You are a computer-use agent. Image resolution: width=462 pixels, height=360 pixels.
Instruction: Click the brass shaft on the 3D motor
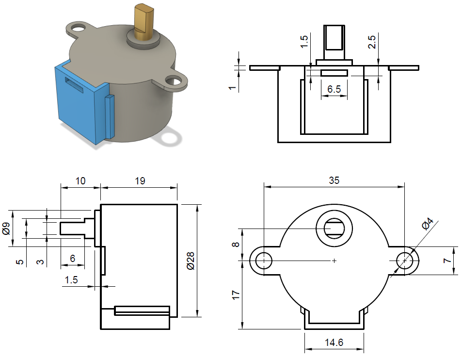click(142, 22)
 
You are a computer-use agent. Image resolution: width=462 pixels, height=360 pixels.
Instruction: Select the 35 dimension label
click(334, 180)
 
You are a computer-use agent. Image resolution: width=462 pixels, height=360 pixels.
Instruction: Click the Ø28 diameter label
click(190, 261)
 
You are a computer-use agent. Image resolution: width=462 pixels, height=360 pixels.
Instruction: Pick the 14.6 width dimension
click(334, 343)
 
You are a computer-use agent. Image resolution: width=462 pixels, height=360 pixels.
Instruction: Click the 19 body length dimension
click(140, 181)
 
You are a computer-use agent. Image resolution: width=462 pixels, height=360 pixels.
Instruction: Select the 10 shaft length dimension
click(80, 181)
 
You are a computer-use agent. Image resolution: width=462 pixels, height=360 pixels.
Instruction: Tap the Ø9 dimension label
click(6, 228)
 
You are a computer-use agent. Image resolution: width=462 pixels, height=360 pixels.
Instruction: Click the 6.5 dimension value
click(334, 89)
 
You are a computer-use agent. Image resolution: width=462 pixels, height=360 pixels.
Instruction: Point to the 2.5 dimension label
click(372, 42)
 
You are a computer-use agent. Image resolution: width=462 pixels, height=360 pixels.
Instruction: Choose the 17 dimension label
click(235, 295)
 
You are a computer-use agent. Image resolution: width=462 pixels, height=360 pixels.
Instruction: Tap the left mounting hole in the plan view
click(263, 261)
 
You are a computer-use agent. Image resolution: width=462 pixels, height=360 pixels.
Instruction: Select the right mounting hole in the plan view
click(405, 261)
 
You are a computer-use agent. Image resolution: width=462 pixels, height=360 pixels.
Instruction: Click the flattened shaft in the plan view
click(334, 228)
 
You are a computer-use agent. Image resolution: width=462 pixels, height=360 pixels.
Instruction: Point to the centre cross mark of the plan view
click(334, 261)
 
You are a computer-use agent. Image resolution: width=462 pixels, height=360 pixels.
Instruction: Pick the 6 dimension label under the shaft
click(72, 259)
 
